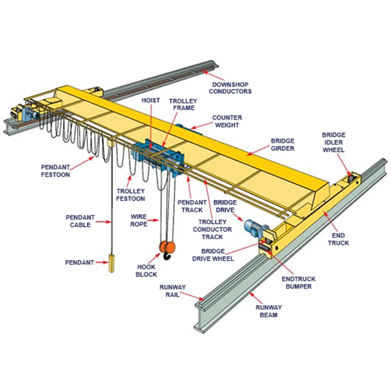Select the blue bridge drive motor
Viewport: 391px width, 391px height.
tap(253, 225)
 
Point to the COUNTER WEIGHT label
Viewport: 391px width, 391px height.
tap(227, 121)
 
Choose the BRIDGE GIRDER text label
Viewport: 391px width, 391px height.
tap(283, 144)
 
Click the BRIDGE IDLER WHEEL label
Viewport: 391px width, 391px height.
tap(334, 142)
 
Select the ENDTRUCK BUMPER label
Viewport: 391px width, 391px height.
tap(299, 282)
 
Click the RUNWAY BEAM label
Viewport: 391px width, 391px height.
tap(268, 311)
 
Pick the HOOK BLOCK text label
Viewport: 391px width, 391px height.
tap(147, 271)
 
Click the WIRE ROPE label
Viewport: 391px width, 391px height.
tap(139, 219)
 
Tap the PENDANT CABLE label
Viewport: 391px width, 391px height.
tap(81, 221)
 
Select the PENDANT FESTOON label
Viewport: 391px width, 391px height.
tap(55, 171)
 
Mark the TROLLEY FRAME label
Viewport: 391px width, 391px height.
tap(182, 104)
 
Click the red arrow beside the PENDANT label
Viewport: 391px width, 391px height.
tap(102, 262)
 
